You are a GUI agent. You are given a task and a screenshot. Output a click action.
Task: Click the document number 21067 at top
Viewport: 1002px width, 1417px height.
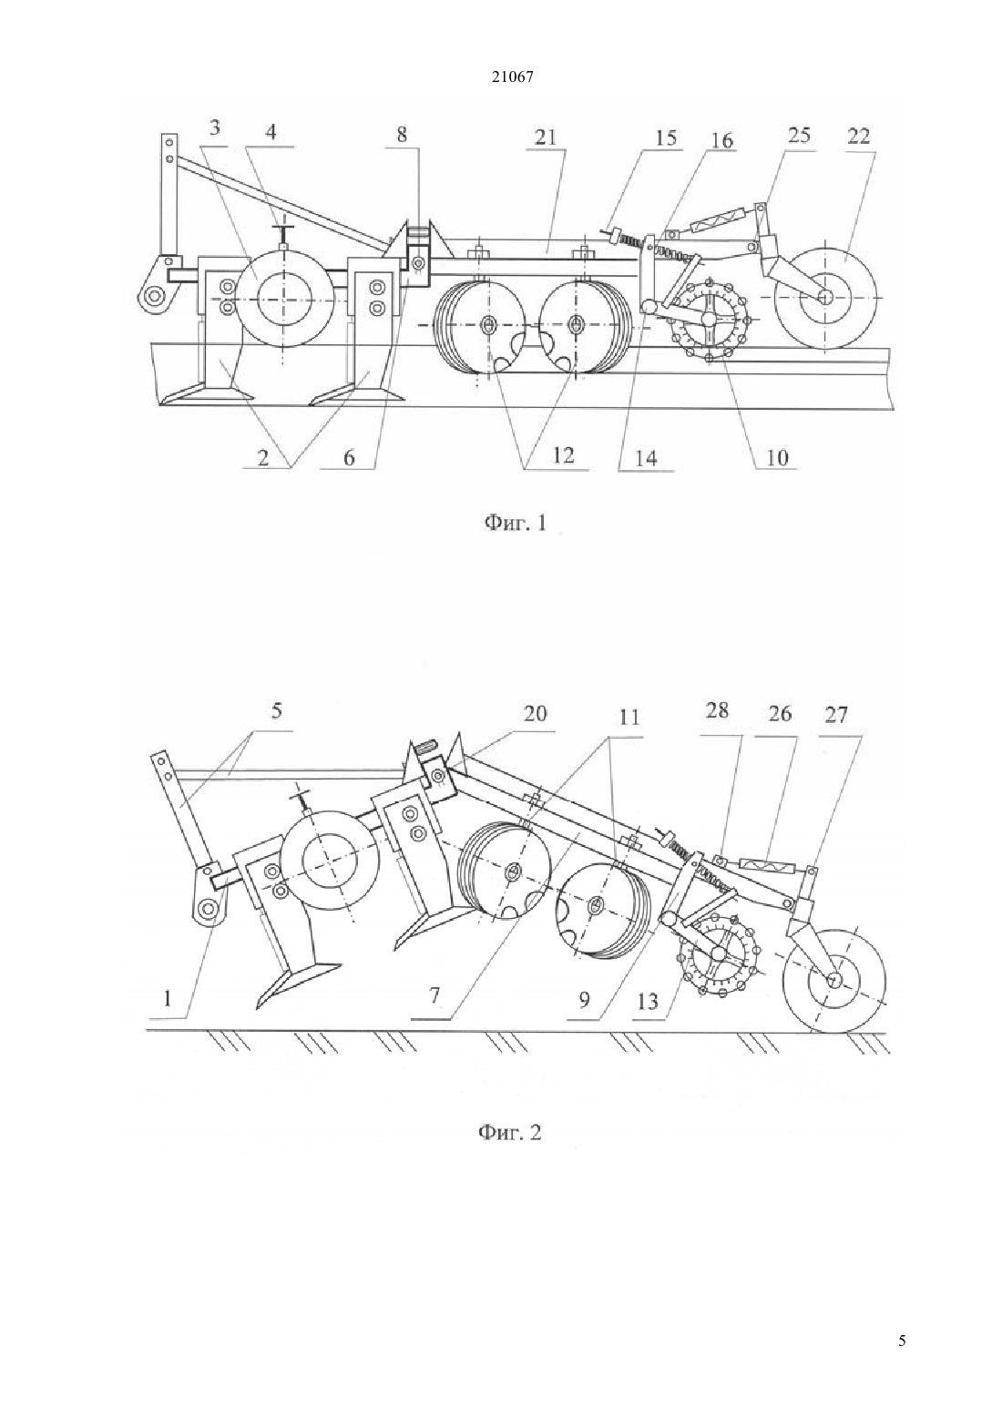(512, 77)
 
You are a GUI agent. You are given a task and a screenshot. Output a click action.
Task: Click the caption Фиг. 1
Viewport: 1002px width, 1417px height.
(514, 523)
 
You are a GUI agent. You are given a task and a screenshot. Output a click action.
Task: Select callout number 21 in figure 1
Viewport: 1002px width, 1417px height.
(545, 138)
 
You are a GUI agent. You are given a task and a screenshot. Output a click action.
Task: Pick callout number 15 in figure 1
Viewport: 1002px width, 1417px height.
(666, 138)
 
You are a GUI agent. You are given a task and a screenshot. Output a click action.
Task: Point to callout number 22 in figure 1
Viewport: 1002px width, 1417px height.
(858, 136)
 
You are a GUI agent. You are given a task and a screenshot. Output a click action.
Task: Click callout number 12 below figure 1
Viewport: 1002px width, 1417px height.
(563, 454)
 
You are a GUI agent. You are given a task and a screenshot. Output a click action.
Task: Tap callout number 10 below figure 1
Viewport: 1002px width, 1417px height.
(777, 457)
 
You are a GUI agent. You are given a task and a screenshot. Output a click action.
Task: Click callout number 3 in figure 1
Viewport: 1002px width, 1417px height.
(215, 127)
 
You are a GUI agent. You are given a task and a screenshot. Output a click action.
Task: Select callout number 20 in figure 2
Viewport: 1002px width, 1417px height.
(534, 714)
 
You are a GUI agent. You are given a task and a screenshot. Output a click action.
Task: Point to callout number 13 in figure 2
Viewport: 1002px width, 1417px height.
(649, 1002)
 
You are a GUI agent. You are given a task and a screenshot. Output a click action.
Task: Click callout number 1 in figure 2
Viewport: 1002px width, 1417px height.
(167, 999)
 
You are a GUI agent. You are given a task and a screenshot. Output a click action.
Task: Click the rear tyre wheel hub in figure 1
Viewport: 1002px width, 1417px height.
(825, 297)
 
